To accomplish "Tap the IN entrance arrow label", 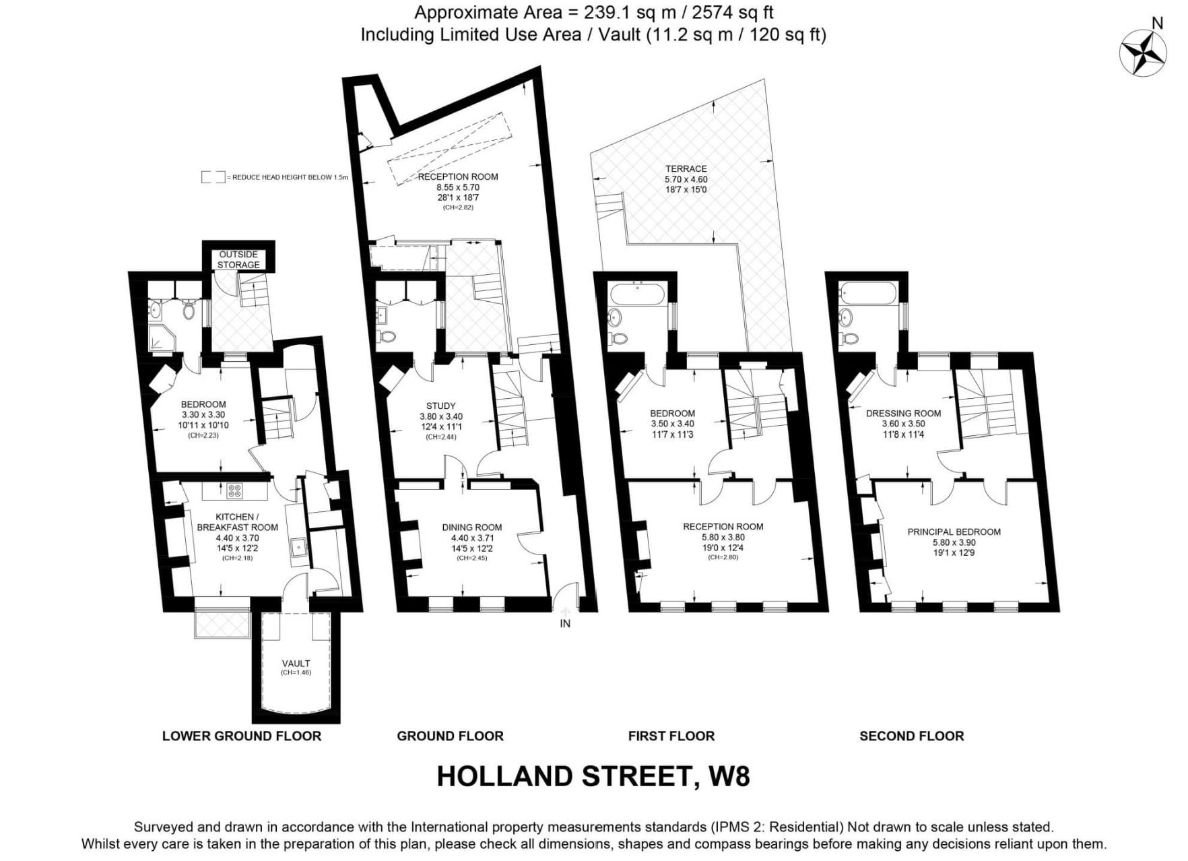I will (x=564, y=624).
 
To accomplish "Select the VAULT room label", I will (x=296, y=664).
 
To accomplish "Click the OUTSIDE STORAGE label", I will (x=238, y=259).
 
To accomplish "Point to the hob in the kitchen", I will (x=234, y=491).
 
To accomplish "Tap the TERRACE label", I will (x=686, y=169).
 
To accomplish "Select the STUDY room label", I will (x=440, y=406).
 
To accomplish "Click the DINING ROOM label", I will (x=471, y=528).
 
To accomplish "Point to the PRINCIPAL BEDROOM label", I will (x=954, y=532).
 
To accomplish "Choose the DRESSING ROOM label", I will (x=903, y=414).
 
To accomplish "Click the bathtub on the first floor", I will (x=637, y=294).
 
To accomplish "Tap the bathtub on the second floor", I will (x=868, y=293).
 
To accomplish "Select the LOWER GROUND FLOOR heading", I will (x=241, y=736).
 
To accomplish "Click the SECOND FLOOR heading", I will (x=911, y=736).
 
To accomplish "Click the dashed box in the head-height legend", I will (x=213, y=177).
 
